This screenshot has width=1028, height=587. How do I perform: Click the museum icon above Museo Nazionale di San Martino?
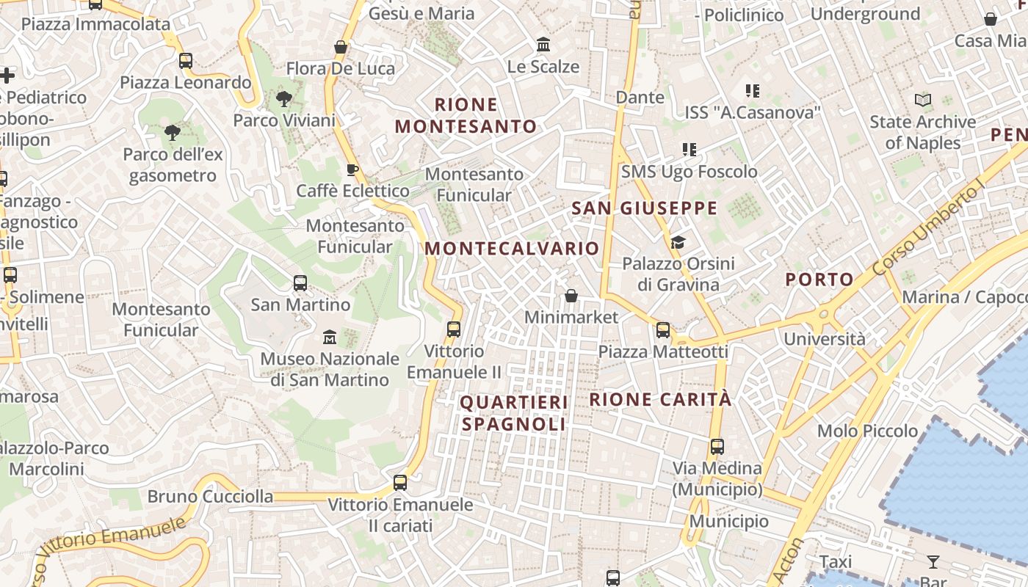click(x=330, y=337)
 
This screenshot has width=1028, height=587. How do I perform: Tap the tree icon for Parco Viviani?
click(x=283, y=98)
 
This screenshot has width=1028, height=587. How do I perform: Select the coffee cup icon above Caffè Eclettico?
click(x=352, y=169)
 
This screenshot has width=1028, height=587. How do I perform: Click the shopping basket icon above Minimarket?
click(x=571, y=296)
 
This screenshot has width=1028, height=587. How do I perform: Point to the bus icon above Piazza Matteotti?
click(x=663, y=330)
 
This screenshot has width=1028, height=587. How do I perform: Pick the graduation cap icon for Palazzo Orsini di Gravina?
click(x=678, y=242)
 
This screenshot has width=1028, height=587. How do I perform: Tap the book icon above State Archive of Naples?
click(x=923, y=100)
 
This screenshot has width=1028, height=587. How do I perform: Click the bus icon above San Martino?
click(x=300, y=282)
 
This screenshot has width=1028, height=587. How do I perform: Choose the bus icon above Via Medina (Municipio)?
click(x=717, y=446)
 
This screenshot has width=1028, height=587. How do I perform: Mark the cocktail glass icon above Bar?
click(x=933, y=562)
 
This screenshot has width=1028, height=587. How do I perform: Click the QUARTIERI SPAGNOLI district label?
click(x=514, y=413)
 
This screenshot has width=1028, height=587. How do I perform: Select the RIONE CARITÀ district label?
click(x=661, y=399)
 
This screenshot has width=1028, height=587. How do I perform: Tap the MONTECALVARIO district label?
click(x=512, y=248)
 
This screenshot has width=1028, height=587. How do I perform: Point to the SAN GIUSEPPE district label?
click(x=644, y=208)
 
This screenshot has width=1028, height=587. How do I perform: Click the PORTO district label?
click(x=819, y=279)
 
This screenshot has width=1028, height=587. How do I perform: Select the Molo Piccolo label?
click(x=868, y=431)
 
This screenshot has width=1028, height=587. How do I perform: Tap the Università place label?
click(x=825, y=339)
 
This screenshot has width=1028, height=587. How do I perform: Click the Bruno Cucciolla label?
click(x=210, y=497)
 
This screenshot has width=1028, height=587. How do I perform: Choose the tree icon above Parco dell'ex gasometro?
click(x=173, y=133)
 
